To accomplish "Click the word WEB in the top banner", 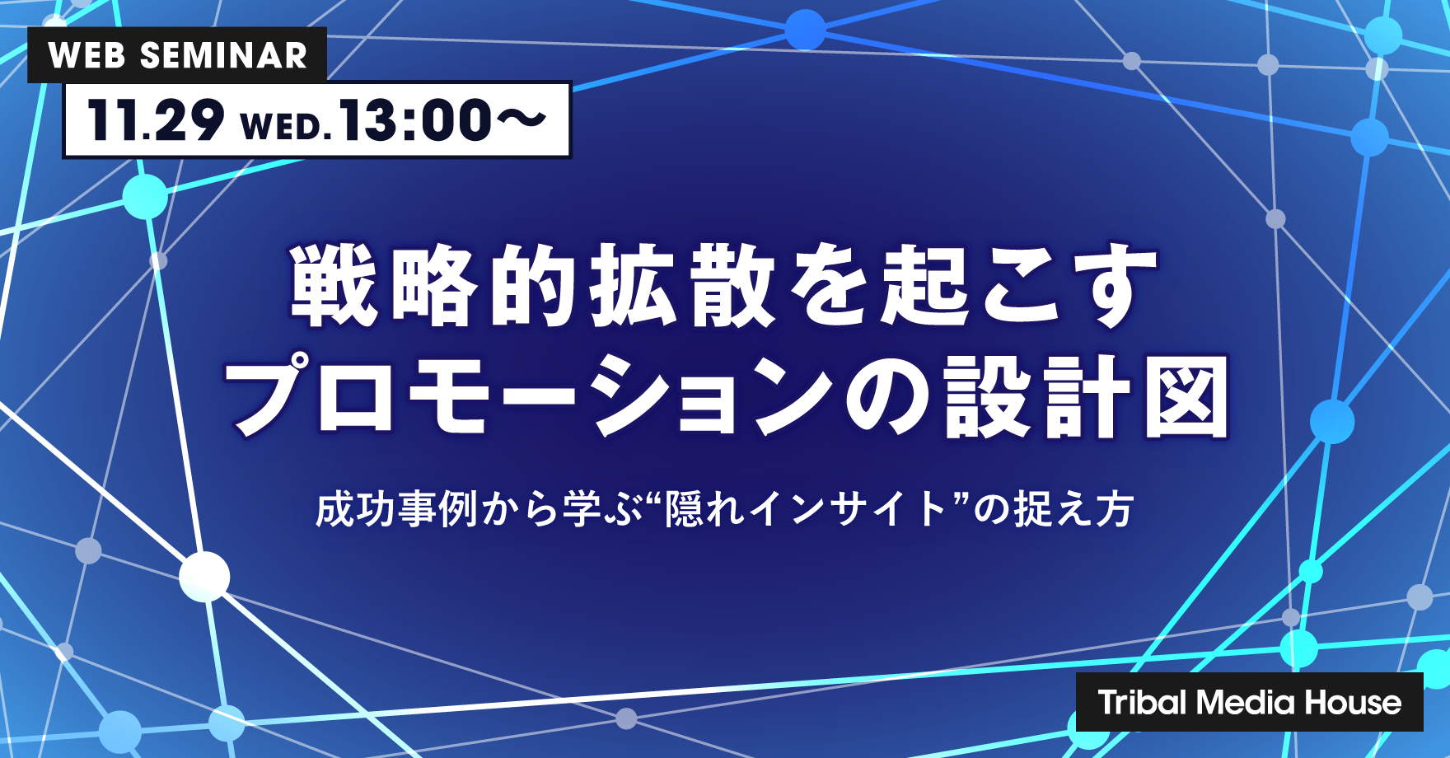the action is point(87,56).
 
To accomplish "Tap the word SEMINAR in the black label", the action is point(223,56).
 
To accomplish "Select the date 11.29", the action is point(155,120).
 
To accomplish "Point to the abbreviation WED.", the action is point(285,126).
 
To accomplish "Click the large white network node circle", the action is point(204,576).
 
